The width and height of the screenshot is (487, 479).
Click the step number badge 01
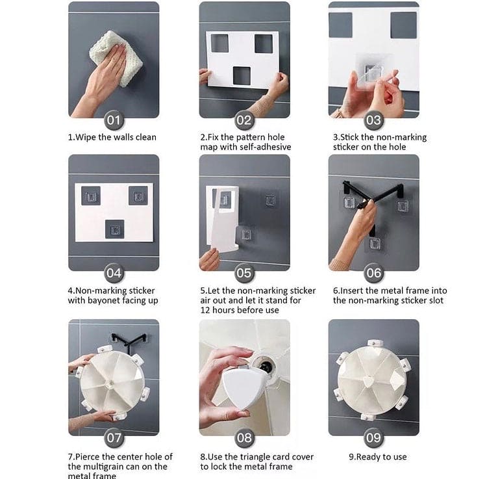coord(114,120)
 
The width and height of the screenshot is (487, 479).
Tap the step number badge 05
coord(244,273)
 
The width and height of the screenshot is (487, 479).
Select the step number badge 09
coord(373,438)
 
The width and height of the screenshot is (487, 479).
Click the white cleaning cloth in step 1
coord(116,58)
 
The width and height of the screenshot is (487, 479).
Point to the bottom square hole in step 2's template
coord(242,76)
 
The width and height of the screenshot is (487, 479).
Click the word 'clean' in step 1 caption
coord(144,137)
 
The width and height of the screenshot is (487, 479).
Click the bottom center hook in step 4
coord(115,229)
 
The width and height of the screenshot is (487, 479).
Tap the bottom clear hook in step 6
coord(375,244)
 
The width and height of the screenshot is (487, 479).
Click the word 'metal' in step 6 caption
coord(391,291)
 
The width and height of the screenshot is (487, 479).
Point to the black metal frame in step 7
coord(129,339)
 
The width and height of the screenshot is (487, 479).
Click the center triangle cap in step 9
coord(369,382)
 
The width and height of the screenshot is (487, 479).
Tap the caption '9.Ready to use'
coord(378,457)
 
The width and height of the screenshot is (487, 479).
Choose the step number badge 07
coord(114,438)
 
